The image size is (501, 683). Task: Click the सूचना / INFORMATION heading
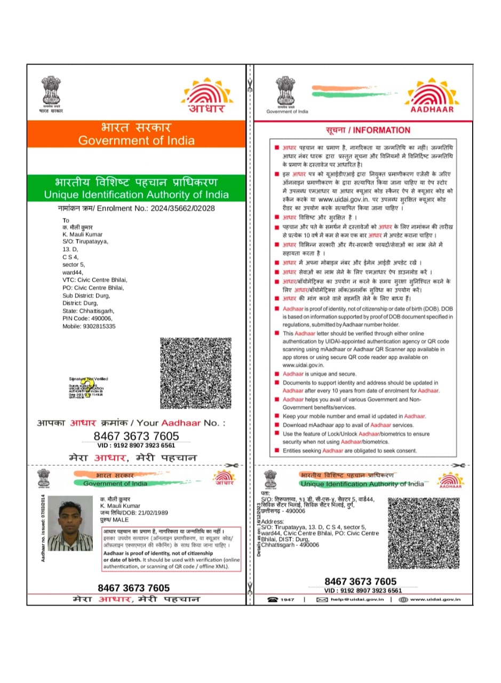tap(368, 130)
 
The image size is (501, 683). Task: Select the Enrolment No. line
tap(136, 208)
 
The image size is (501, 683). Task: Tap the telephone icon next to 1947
tap(273, 600)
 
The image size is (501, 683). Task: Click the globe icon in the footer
tap(403, 600)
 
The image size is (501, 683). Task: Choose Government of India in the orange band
tap(136, 141)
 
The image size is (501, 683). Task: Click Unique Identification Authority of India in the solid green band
tap(136, 195)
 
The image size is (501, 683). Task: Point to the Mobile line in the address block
tap(89, 326)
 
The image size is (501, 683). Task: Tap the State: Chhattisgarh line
tap(88, 311)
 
